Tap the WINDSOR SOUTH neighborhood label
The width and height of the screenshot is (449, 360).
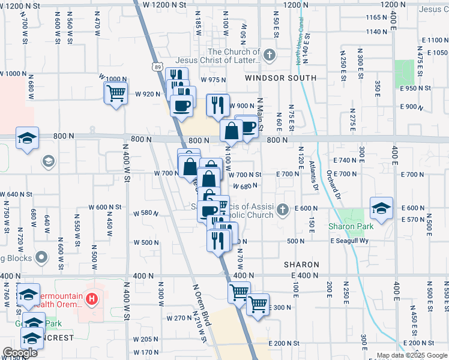point(280,79)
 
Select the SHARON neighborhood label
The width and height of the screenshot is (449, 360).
point(301,265)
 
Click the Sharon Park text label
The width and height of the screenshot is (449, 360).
point(351,226)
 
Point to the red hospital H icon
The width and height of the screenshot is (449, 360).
point(91,298)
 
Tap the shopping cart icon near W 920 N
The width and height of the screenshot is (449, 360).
point(115,93)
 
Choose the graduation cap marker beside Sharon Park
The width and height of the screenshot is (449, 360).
point(381,208)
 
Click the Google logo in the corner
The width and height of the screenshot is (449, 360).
point(20,353)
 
